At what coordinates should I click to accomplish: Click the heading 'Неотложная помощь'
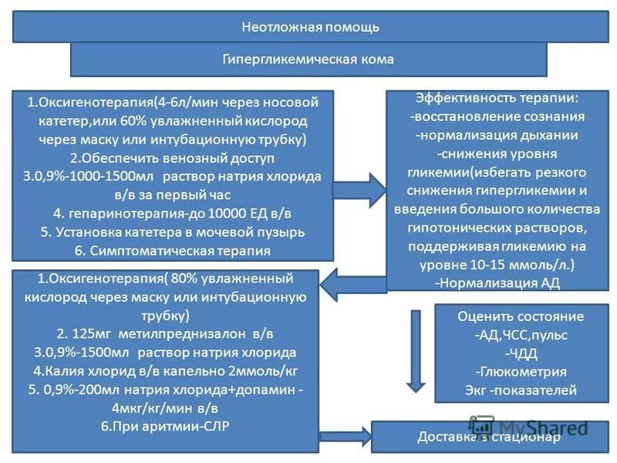click(311, 27)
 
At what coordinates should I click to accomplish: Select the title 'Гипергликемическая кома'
click(308, 59)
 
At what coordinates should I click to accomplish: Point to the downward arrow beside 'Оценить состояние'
click(416, 348)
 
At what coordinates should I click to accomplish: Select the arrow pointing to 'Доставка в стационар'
click(343, 437)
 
